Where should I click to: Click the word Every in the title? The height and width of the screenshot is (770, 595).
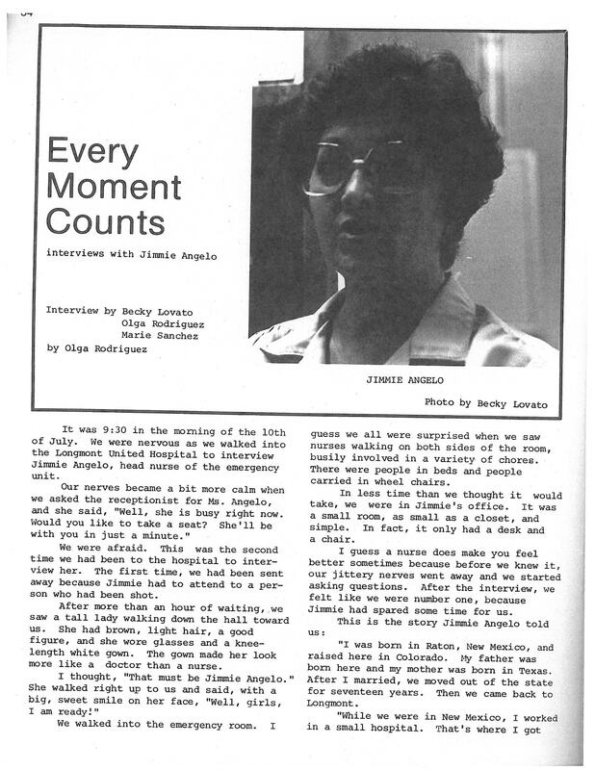[92, 154]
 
